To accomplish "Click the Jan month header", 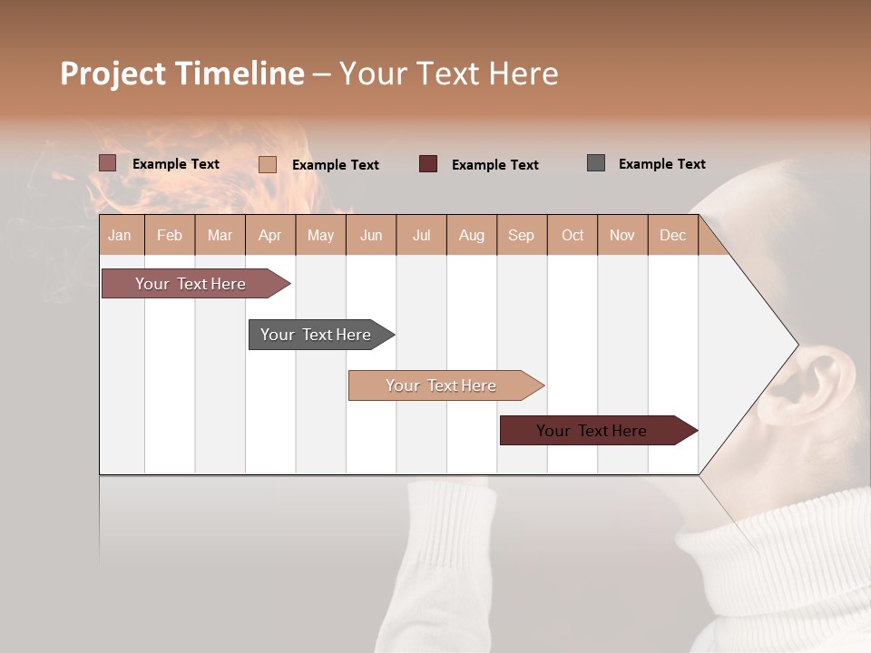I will (x=121, y=235).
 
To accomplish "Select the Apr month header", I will (x=270, y=235).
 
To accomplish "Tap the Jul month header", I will (x=421, y=235).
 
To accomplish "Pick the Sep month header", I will (x=521, y=235).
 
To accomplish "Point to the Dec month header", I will (x=672, y=235).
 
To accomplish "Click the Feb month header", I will (x=170, y=235).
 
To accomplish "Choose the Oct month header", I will (x=573, y=235).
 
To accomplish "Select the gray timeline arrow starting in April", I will (x=318, y=335).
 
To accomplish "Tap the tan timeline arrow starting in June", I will (x=443, y=385).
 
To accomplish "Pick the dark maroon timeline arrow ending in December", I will (x=594, y=431).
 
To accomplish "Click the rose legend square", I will (x=107, y=163).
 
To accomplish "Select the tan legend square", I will (x=267, y=164).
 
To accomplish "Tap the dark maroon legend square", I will (x=428, y=164).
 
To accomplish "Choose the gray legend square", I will (x=595, y=163).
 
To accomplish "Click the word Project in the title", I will (x=113, y=73).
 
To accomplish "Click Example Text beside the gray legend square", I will (x=661, y=164).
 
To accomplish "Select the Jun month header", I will (x=371, y=235).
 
